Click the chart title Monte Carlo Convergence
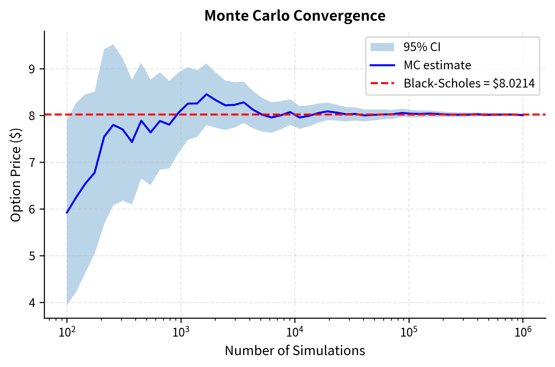(x=295, y=16)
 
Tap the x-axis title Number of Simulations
(x=295, y=351)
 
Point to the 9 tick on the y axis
(x=32, y=69)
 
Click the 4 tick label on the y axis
(x=32, y=303)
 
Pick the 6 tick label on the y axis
(x=32, y=209)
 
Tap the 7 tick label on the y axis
(x=32, y=162)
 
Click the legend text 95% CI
(x=422, y=47)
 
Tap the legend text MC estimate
(x=437, y=65)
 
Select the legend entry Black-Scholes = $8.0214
(x=469, y=83)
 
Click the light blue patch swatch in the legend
(x=382, y=47)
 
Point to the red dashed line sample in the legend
(x=382, y=83)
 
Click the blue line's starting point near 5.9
(x=67, y=213)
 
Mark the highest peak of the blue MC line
(x=206, y=94)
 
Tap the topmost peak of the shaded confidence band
(x=113, y=45)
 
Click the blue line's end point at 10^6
(x=523, y=115)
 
